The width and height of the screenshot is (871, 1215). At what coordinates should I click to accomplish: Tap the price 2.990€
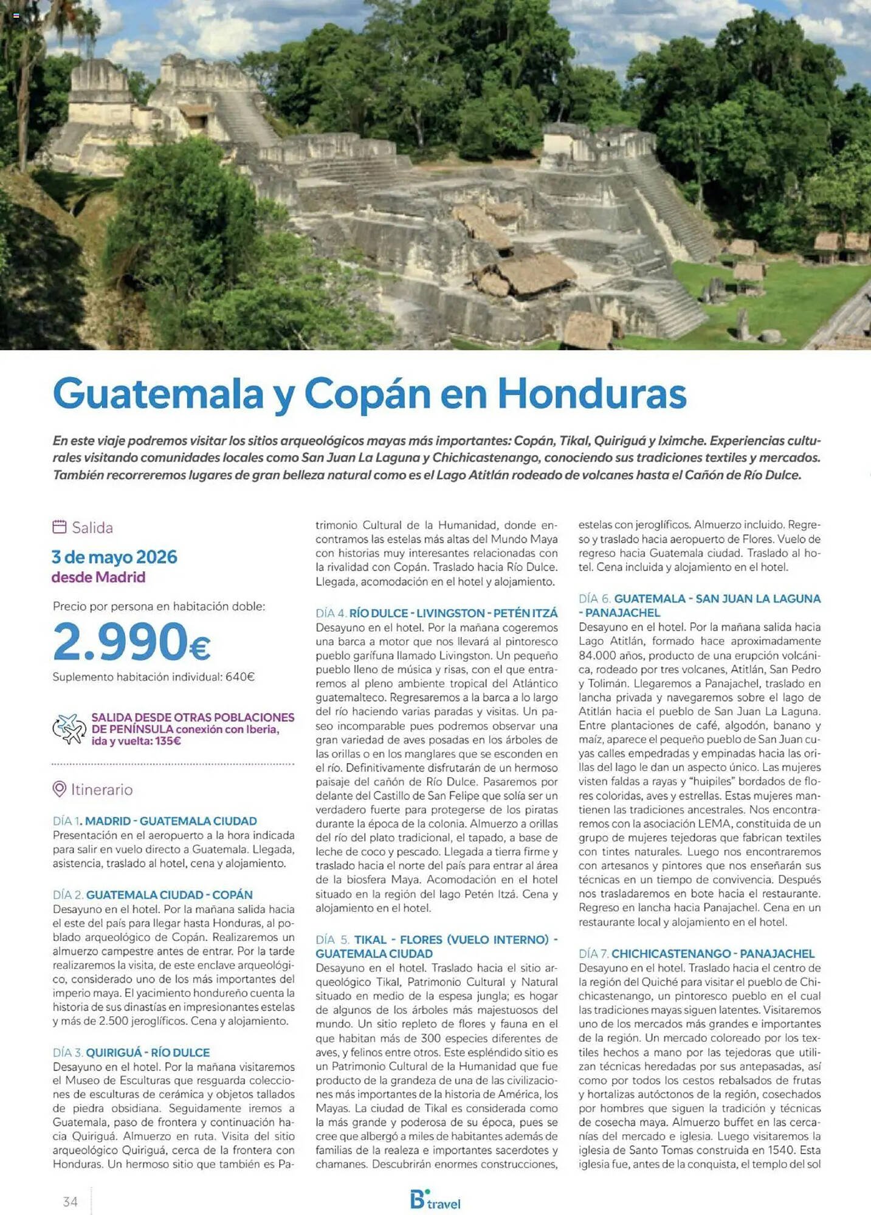(131, 642)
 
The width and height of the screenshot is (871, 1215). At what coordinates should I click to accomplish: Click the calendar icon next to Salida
(59, 527)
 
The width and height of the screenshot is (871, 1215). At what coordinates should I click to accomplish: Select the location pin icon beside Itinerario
(59, 789)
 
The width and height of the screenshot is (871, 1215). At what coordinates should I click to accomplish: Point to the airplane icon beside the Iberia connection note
(69, 728)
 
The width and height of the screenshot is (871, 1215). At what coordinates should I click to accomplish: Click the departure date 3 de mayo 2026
(114, 557)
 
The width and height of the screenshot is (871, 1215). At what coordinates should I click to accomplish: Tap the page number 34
(70, 1201)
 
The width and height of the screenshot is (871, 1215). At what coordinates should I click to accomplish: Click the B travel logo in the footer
(435, 1200)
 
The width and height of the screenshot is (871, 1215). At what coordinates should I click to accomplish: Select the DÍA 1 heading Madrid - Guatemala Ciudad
(154, 821)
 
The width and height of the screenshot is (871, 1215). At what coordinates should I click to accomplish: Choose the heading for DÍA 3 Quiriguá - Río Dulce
(131, 1052)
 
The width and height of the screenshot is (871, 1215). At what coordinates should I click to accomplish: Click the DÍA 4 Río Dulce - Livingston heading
(436, 613)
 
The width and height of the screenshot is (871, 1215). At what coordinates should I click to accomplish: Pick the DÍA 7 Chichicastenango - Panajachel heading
(696, 953)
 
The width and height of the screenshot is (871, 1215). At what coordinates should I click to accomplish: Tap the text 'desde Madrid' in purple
(98, 577)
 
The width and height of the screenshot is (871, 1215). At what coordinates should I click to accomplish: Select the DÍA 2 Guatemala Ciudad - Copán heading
(153, 894)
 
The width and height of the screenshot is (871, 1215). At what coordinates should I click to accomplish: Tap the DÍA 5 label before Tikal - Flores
(332, 939)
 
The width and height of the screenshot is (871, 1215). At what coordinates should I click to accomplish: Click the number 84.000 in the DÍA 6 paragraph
(598, 655)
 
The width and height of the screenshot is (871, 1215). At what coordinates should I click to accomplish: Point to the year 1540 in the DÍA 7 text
(780, 1149)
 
